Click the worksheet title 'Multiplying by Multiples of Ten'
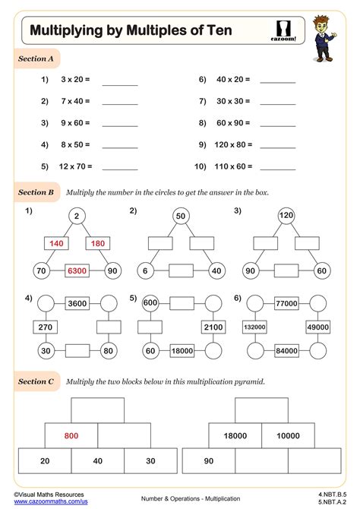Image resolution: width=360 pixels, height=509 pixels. point(131,31)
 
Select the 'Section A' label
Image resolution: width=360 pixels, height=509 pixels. point(36,58)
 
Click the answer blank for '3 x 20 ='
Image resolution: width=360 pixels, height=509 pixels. point(120,80)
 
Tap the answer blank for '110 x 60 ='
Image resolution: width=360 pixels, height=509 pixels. point(278,166)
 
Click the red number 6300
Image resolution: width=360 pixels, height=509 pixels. point(76,270)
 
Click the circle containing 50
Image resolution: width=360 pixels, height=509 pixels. point(181,217)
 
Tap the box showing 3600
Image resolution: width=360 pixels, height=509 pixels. point(77,303)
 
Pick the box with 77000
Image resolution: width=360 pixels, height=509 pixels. point(285,303)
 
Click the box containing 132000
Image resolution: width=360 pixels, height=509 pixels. point(253,327)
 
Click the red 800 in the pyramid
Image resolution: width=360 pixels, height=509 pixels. point(71,435)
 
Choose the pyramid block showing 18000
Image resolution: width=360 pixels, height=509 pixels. point(235,435)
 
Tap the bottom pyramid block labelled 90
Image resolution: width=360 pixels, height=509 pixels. point(208,460)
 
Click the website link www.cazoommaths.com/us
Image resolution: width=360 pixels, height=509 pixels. point(46,502)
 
